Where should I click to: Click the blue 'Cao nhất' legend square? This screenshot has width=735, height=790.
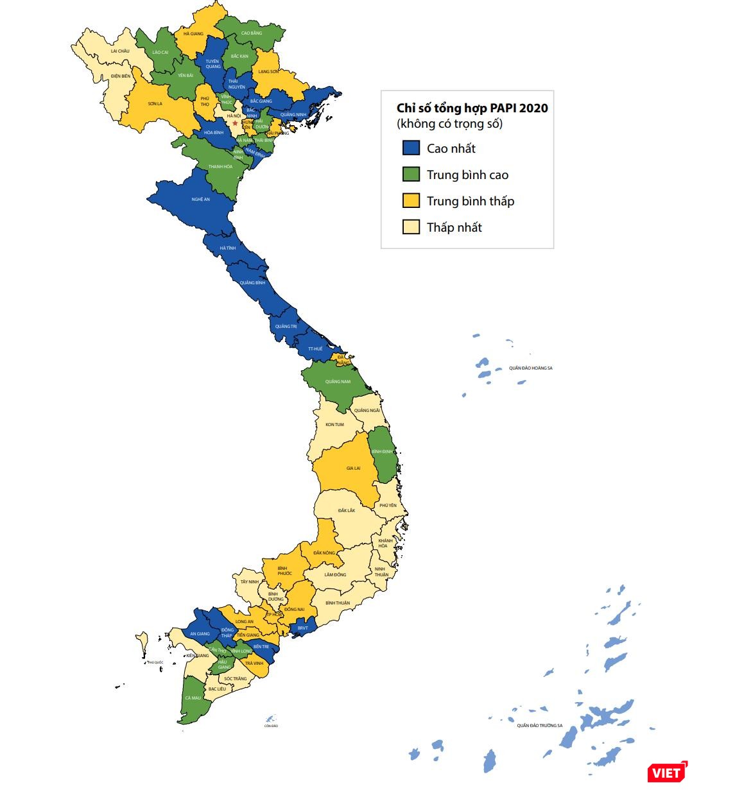[411, 148]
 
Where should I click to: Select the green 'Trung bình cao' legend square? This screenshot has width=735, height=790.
[411, 175]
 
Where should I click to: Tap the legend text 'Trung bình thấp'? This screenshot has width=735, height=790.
[470, 201]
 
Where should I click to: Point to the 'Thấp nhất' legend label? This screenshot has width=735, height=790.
[454, 227]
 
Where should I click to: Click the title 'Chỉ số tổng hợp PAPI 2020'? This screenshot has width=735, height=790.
[472, 108]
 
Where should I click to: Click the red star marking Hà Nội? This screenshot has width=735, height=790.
[235, 123]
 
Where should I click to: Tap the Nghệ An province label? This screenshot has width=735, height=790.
[200, 200]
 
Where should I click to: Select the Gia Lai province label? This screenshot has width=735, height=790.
[353, 468]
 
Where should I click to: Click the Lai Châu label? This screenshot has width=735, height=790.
[120, 51]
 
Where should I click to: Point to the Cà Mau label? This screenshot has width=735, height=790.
[193, 698]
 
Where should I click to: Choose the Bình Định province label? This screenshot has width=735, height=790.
[383, 452]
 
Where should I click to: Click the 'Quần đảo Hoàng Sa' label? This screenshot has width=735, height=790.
[530, 368]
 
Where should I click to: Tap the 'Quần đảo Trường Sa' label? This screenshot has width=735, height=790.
[539, 726]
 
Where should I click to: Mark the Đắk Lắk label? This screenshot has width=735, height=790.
[347, 510]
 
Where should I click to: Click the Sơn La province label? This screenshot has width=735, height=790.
[155, 103]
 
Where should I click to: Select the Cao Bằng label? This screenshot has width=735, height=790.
[251, 33]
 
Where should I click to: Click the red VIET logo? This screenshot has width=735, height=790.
[666, 772]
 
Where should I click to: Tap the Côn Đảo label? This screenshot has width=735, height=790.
[271, 726]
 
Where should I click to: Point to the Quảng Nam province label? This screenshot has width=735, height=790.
[338, 382]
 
